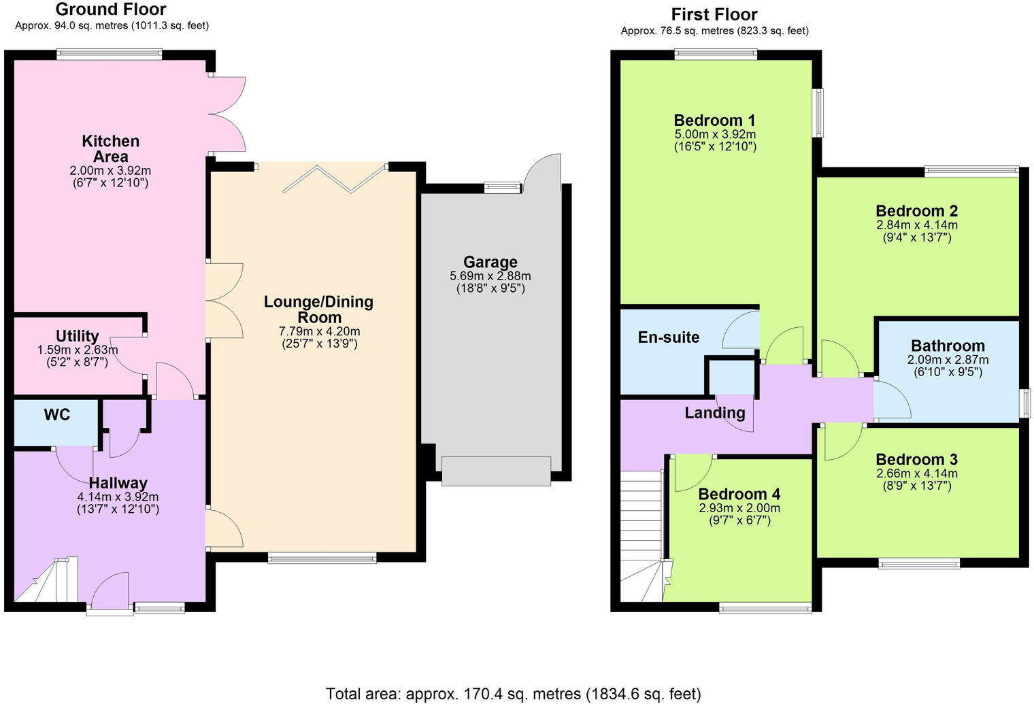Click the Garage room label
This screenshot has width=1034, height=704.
pyautogui.click(x=490, y=262)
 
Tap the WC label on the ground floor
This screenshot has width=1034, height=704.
pyautogui.click(x=57, y=414)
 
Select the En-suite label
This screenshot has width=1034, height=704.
pyautogui.click(x=668, y=337)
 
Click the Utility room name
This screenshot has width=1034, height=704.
pyautogui.click(x=77, y=336)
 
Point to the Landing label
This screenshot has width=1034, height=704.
pyautogui.click(x=714, y=412)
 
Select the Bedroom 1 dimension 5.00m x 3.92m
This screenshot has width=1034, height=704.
pyautogui.click(x=714, y=134)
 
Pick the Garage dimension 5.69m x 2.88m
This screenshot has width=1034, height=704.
pyautogui.click(x=490, y=276)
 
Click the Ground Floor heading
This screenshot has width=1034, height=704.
pyautogui.click(x=111, y=10)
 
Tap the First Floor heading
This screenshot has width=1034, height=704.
pyautogui.click(x=714, y=14)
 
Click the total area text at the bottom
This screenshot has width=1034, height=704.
pyautogui.click(x=513, y=694)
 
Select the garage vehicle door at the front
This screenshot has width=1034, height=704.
pyautogui.click(x=496, y=471)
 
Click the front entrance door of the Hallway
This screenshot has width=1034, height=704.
pyautogui.click(x=110, y=592)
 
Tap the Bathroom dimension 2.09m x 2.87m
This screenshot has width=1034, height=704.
pyautogui.click(x=948, y=360)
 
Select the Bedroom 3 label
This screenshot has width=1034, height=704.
pyautogui.click(x=916, y=459)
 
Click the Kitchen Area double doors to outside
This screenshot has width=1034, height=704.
pyautogui.click(x=227, y=114)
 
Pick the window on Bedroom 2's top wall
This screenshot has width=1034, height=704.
pyautogui.click(x=971, y=171)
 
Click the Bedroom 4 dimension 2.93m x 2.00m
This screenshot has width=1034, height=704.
pyautogui.click(x=739, y=508)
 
